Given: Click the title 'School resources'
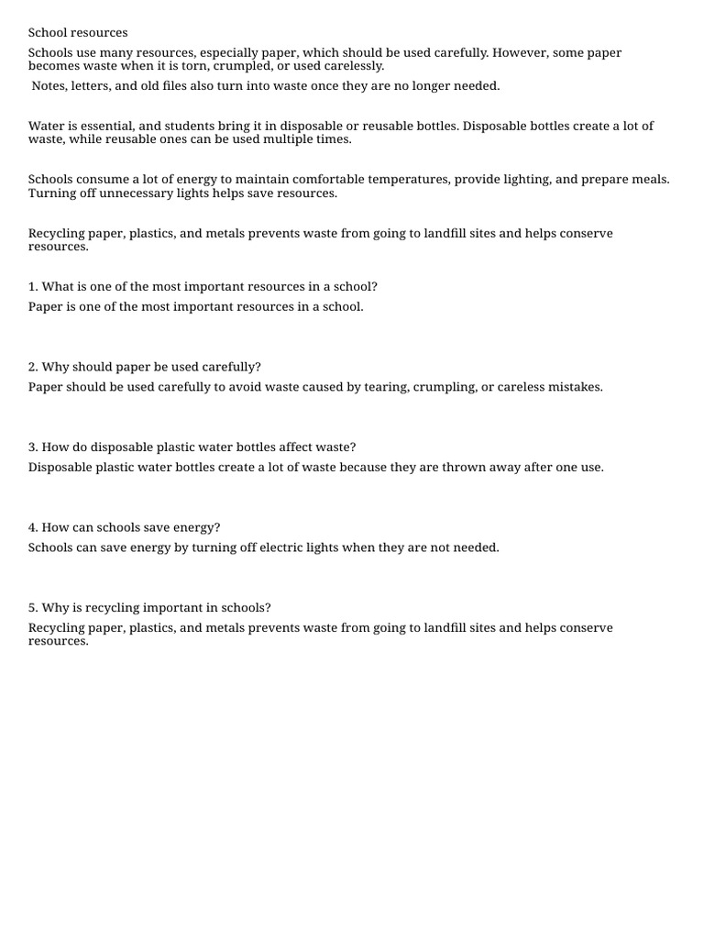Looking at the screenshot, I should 78,33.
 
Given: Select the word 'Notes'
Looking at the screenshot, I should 49,86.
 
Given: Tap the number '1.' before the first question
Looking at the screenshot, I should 33,287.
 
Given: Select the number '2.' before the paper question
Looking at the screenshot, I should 33,367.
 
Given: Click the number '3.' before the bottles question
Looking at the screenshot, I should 33,447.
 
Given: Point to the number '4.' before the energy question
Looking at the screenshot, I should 33,528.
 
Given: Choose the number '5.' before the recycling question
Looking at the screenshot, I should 33,608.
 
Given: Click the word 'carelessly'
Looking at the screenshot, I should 354,66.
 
